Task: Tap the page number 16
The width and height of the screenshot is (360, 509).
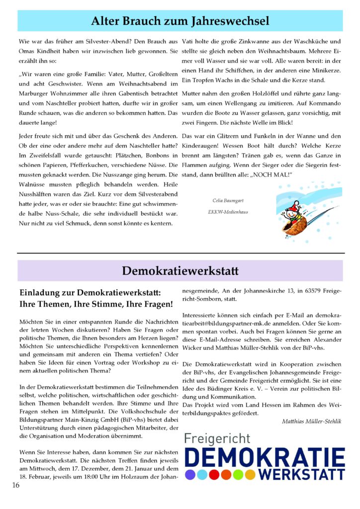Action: [x=16, y=485]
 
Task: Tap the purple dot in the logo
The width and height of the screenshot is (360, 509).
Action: [x=189, y=474]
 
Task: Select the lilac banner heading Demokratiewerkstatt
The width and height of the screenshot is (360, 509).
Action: [x=180, y=271]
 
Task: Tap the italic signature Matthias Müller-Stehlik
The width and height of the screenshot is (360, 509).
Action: [x=311, y=422]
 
